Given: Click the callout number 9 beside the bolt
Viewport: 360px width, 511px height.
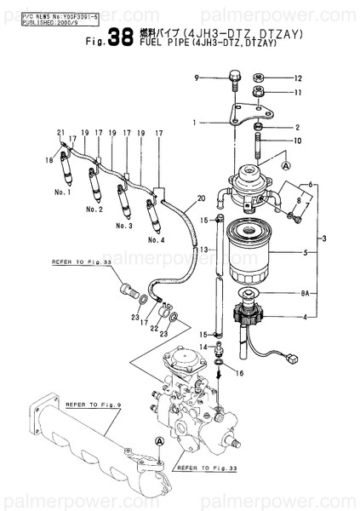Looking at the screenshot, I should tap(196, 78).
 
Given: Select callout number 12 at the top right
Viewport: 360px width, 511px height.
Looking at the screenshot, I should tap(299, 78).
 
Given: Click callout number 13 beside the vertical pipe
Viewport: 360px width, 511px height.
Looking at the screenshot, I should tap(205, 249).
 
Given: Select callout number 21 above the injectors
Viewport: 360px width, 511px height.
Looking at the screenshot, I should tap(60, 132).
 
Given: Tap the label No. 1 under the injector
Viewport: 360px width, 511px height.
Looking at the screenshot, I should tap(60, 192).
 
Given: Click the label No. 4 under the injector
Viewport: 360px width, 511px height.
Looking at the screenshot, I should tap(156, 240).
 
